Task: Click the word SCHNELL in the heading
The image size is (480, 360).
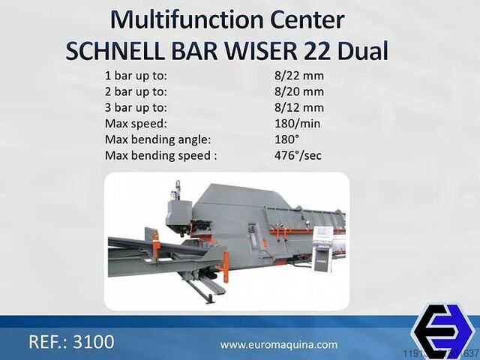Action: coord(113,50)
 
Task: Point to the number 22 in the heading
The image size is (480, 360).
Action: coord(316,50)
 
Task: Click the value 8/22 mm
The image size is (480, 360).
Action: coord(299,75)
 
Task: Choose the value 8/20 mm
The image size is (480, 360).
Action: coord(299,91)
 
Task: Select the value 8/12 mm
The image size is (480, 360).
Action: coord(299,106)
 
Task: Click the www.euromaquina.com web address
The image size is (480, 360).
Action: coord(278,345)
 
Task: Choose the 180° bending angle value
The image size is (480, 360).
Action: coord(286,139)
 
